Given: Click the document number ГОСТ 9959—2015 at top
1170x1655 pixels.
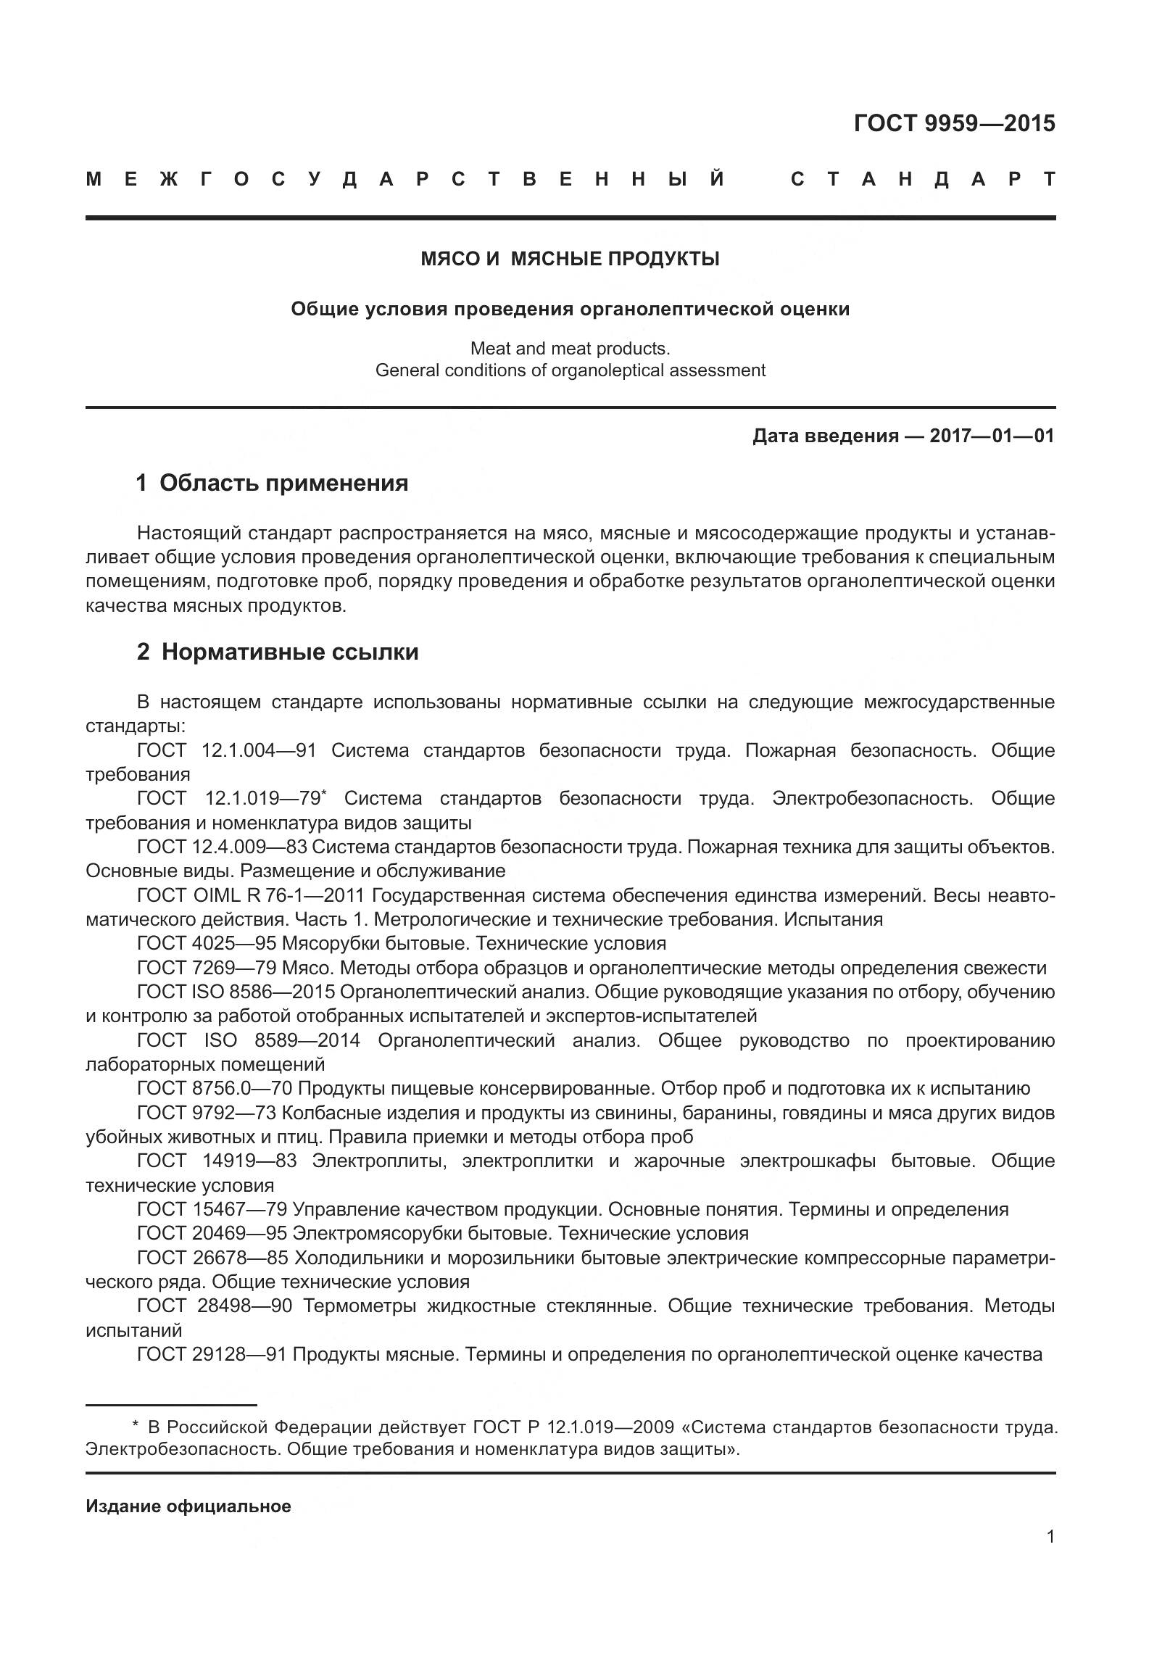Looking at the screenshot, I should [x=954, y=124].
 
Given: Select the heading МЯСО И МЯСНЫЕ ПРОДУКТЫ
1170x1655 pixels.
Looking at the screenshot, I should [x=570, y=259].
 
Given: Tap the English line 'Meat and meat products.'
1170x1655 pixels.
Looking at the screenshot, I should [x=570, y=349].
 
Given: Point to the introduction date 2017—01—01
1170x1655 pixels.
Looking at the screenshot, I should [x=992, y=436].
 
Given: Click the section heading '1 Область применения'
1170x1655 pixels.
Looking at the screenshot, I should [x=272, y=483].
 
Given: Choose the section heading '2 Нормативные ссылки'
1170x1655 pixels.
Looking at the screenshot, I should [x=278, y=652].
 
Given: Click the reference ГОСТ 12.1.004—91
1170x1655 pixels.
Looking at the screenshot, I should [x=226, y=750].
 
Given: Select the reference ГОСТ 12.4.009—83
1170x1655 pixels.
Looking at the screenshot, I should [x=222, y=847].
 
